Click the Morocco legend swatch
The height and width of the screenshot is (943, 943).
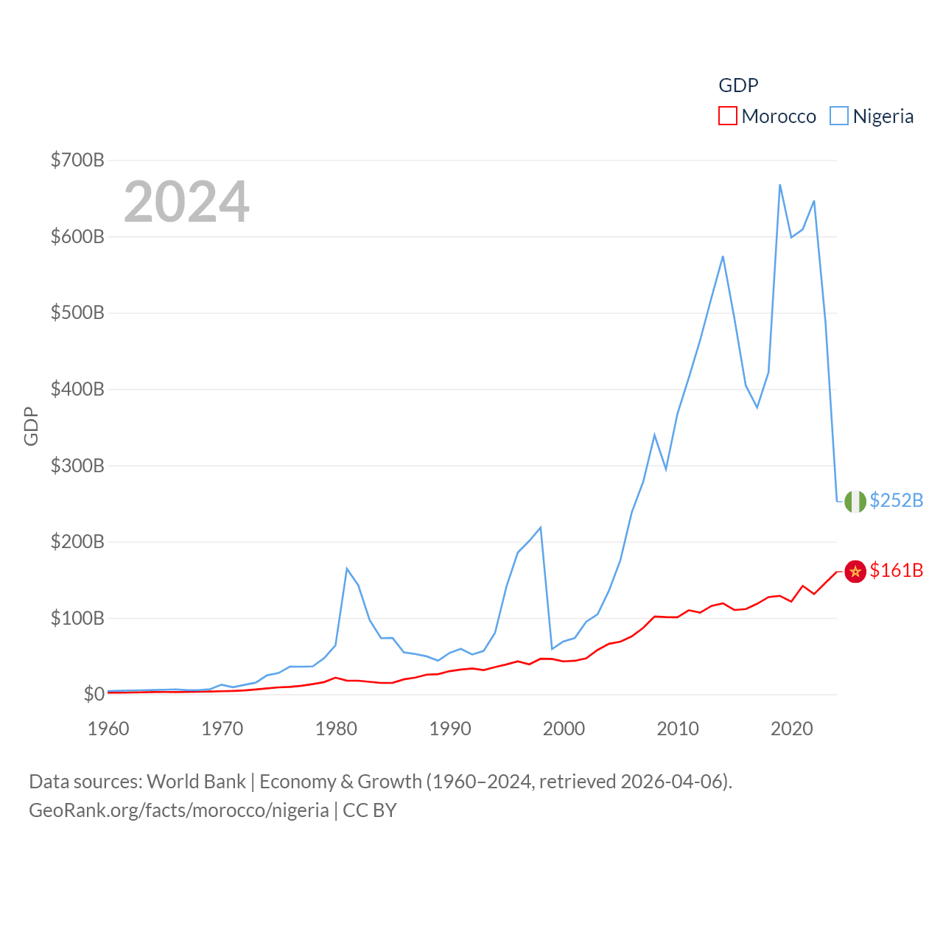727,116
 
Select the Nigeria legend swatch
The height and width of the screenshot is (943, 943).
838,116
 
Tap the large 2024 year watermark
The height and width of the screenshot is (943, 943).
186,202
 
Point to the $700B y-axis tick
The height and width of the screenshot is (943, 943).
77,160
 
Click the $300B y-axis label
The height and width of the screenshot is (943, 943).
77,466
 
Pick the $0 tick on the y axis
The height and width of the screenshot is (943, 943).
94,694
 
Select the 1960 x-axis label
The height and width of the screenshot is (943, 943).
108,729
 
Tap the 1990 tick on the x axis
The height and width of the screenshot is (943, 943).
450,729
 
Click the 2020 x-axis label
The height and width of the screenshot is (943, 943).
792,729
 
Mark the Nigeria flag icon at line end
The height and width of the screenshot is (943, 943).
855,501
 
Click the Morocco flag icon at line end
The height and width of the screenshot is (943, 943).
855,571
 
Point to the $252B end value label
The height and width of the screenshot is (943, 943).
896,500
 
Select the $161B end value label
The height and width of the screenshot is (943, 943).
896,570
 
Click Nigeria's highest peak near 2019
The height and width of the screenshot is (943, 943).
780,185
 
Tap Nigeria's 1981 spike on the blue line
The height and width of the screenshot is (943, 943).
347,569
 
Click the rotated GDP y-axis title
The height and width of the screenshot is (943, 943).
31,426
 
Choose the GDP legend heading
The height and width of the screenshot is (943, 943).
738,85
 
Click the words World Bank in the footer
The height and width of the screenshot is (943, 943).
196,781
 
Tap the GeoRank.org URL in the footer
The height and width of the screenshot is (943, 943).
179,810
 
